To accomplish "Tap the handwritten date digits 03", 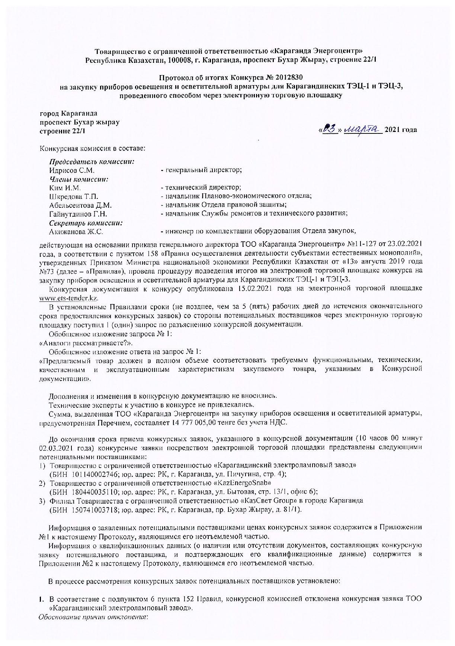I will coord(329,129).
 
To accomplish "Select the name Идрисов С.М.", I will coord(72,171).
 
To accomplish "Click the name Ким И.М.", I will coord(65,188).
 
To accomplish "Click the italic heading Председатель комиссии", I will coord(92,162).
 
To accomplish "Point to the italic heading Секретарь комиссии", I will coord(86,223).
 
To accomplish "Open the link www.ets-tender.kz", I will coord(69,298).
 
